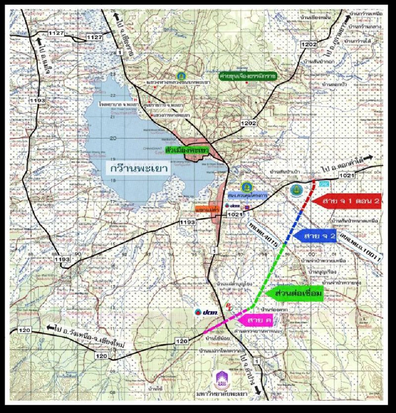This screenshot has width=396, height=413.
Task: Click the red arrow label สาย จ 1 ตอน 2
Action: (346, 201)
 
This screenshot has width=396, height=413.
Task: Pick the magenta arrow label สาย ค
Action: (257, 320)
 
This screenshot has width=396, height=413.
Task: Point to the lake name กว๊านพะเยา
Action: (138, 169)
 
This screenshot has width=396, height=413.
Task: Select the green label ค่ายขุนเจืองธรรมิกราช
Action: (247, 76)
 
